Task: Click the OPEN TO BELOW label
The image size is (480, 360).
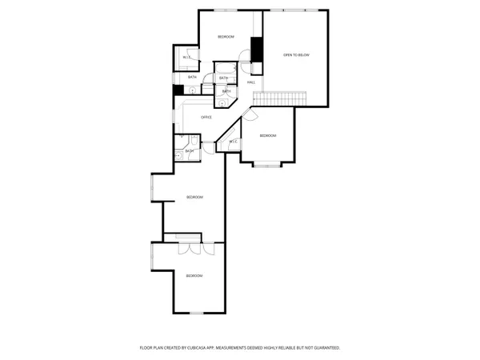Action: [x=296, y=54]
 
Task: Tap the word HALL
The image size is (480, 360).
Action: [x=251, y=82]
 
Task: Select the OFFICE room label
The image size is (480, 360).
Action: [x=206, y=118]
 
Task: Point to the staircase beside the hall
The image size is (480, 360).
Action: [x=280, y=97]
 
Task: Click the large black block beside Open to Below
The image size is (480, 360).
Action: [x=257, y=49]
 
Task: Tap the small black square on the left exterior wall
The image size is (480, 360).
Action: [x=178, y=90]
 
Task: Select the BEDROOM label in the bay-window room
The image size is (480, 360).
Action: [x=268, y=136]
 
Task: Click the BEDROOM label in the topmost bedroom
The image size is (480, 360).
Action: [x=226, y=37]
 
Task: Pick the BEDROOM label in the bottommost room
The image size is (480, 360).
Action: [x=194, y=276]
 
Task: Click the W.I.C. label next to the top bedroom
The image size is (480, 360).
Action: [x=186, y=58]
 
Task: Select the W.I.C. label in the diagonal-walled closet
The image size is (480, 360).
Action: [x=233, y=142]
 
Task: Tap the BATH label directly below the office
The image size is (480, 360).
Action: [x=190, y=151]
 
